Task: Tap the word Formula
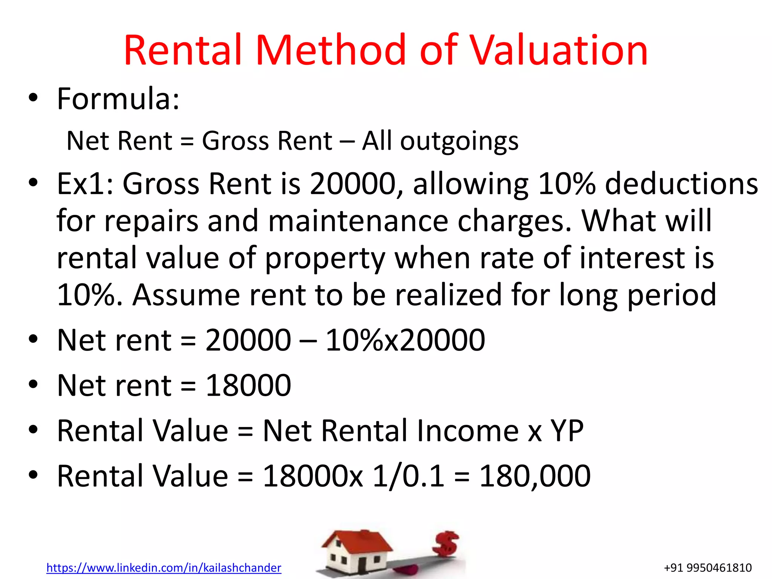(x=118, y=99)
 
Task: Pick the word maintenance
(x=358, y=221)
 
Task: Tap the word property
(x=325, y=258)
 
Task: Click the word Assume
(x=186, y=295)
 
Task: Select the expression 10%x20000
(x=405, y=340)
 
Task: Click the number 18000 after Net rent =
(x=248, y=385)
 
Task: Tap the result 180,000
(x=535, y=476)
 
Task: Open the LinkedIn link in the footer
(x=164, y=568)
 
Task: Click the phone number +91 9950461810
(x=708, y=568)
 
